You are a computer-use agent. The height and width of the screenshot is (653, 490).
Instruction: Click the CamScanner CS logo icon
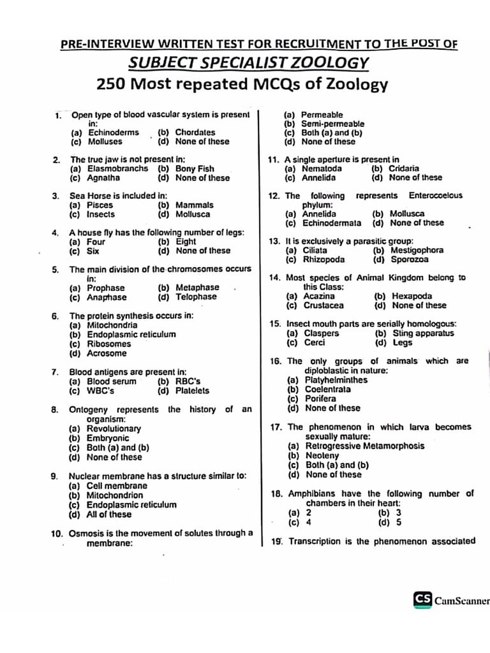coord(422,599)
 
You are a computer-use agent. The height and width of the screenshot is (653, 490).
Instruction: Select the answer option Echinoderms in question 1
coord(113,133)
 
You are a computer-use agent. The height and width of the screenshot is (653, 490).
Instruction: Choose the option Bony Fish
coord(195,169)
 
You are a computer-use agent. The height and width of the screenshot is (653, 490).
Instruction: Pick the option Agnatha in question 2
coord(103,179)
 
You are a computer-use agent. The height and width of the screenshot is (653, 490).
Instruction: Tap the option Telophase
coord(196,297)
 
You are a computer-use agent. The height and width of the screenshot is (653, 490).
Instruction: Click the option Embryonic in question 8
coord(108,439)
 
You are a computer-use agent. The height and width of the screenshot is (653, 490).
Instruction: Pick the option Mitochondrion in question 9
coord(115,495)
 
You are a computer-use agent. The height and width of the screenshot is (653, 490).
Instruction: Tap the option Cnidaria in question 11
coord(404,168)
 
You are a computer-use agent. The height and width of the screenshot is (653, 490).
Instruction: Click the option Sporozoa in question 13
coord(410,260)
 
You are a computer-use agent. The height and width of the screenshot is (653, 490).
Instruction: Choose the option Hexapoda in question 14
coord(412,296)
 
